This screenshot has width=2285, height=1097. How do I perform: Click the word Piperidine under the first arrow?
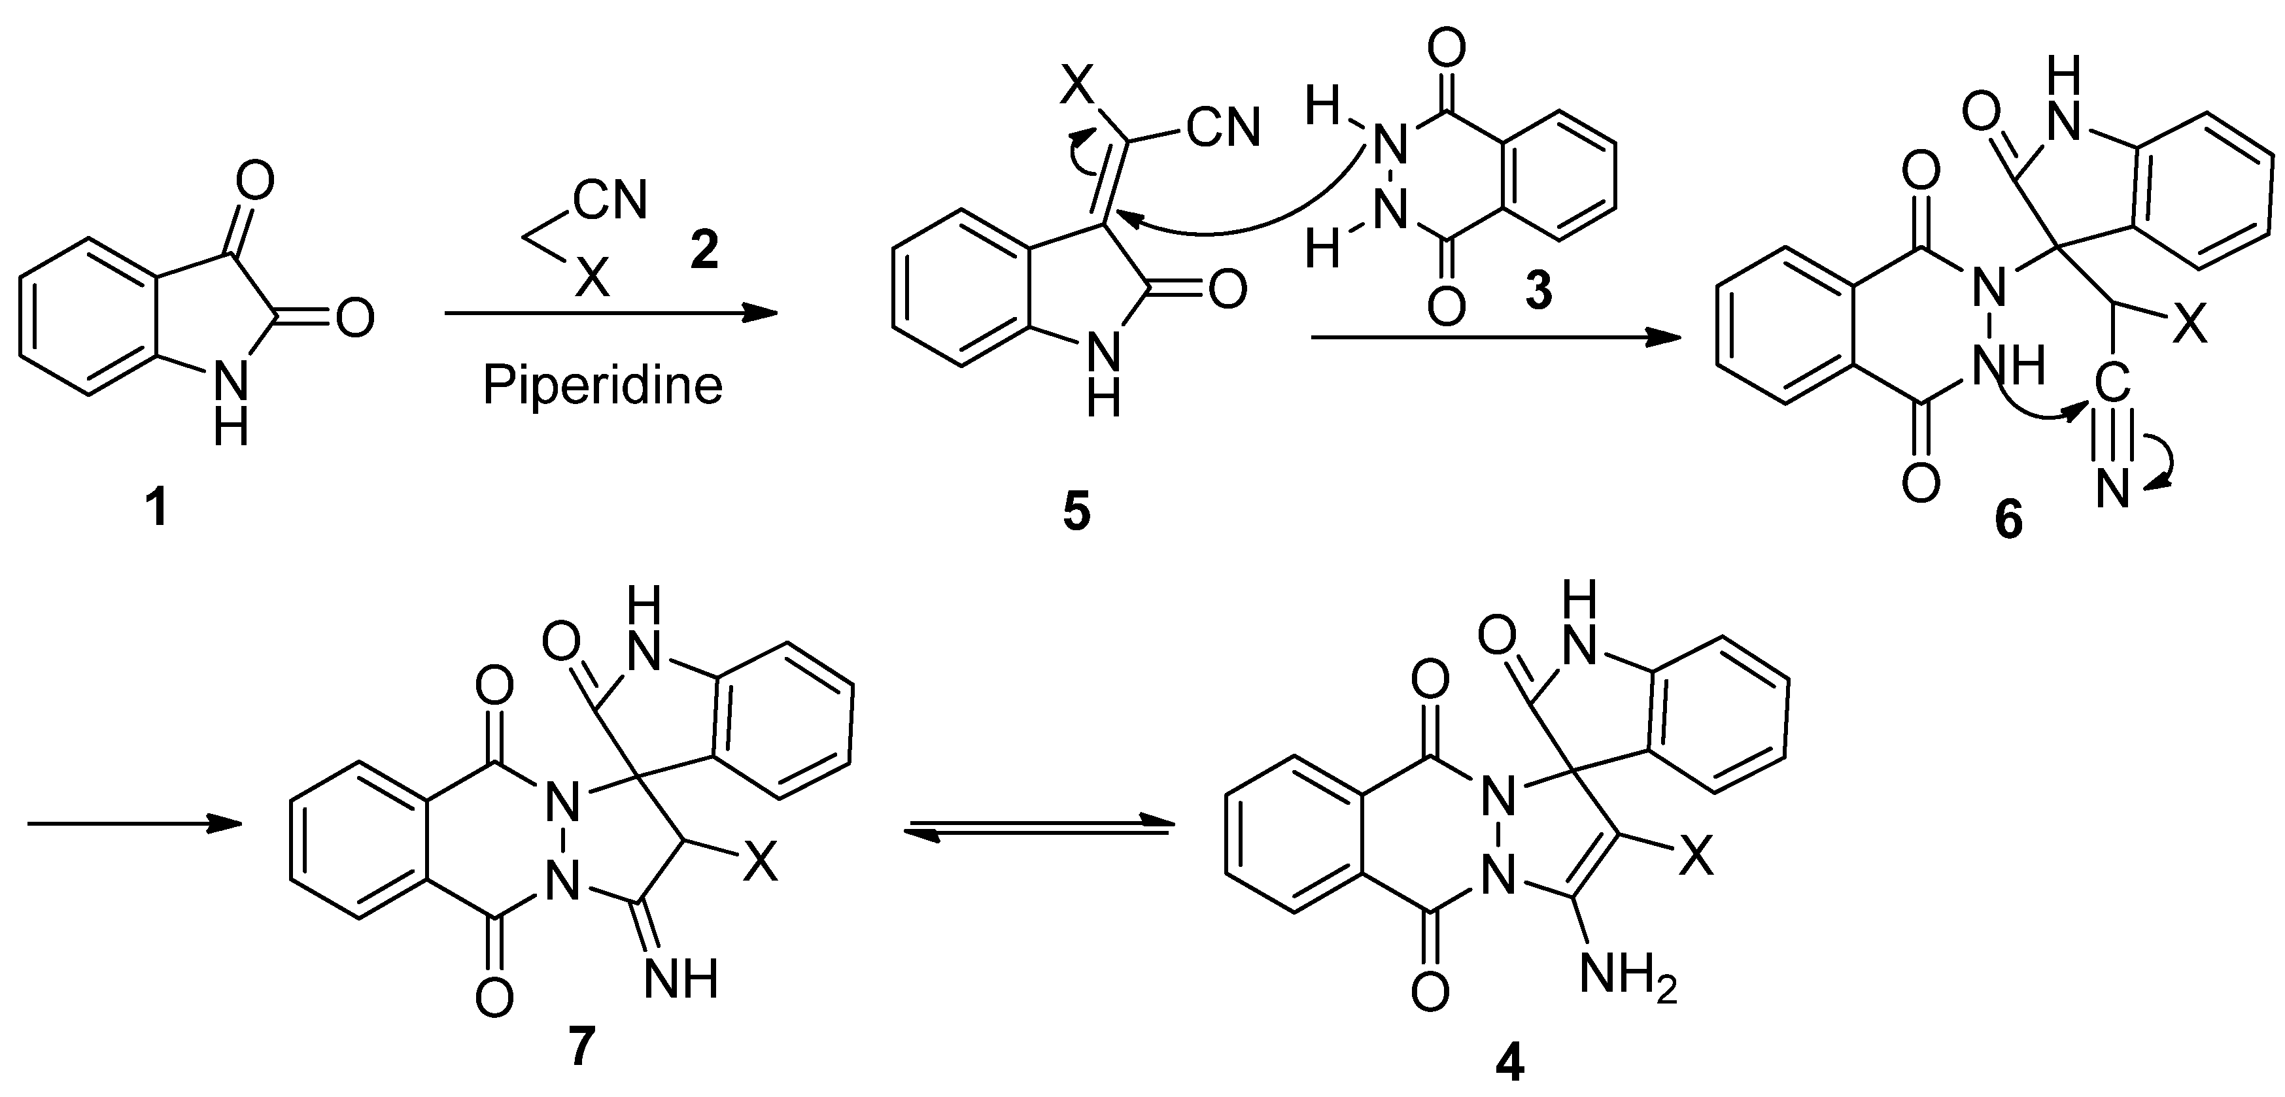click(602, 386)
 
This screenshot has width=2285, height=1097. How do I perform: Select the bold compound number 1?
click(157, 510)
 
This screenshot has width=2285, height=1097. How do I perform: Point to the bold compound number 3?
click(1538, 291)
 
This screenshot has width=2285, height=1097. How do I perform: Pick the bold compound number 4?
click(1510, 1062)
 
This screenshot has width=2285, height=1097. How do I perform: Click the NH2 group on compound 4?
click(1628, 980)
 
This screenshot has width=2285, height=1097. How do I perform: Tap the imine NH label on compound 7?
click(680, 980)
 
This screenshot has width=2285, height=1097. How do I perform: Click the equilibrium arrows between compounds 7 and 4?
click(1038, 826)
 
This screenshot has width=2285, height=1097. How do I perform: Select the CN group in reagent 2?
click(610, 201)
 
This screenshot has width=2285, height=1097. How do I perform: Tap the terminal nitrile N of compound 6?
click(2113, 490)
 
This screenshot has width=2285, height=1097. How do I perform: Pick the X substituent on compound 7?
click(759, 863)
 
